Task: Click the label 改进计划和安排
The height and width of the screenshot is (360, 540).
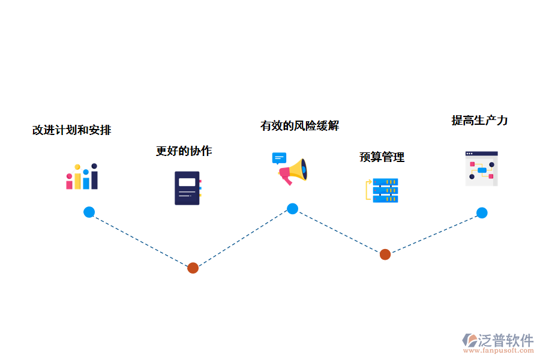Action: (71, 130)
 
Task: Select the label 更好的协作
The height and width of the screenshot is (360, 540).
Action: (184, 151)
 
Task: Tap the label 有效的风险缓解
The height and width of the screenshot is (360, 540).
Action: (299, 125)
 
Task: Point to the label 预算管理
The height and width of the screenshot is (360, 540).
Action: (382, 157)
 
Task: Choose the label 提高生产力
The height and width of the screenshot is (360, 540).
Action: (479, 120)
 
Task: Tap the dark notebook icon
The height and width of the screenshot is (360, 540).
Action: (187, 188)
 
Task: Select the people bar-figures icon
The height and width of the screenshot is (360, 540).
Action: (82, 177)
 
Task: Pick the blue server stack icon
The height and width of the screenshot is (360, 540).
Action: (385, 190)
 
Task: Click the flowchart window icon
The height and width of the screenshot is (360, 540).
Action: (481, 169)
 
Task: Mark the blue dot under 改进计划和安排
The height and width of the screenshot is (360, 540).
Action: (89, 212)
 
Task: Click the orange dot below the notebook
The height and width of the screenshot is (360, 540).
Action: (193, 268)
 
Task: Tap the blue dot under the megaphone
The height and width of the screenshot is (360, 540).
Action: (292, 209)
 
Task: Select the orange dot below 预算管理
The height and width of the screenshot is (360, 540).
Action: (385, 254)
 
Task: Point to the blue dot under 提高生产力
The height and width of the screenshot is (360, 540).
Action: (482, 212)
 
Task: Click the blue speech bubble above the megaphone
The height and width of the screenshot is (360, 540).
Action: (279, 158)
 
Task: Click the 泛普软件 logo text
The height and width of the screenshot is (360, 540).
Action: (505, 341)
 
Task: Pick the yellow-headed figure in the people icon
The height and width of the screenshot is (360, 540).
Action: (77, 178)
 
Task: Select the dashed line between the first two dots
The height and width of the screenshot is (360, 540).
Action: (141, 240)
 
